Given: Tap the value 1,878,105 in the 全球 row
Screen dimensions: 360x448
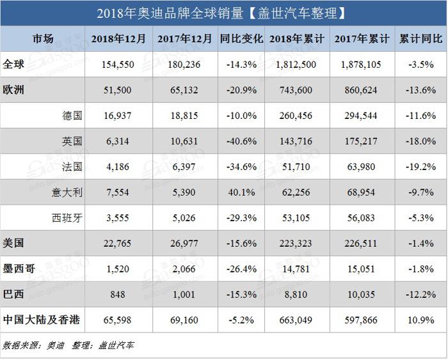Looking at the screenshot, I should click(362, 65).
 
